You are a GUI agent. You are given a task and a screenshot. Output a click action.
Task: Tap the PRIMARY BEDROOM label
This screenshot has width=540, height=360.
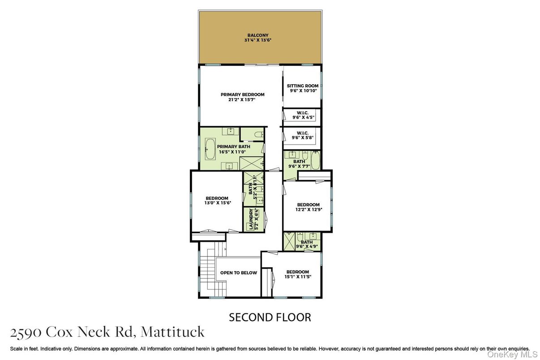coord(242,94)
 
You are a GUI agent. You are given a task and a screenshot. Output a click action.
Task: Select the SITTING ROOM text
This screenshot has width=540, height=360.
coord(303,86)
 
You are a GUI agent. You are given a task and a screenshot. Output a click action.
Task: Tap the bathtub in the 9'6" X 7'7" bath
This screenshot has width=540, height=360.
coord(316,160)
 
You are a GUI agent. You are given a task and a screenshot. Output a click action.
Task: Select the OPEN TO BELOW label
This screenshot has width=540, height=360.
coord(238,273)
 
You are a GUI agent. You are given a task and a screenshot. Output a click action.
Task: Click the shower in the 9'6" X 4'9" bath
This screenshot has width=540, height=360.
coord(289,241)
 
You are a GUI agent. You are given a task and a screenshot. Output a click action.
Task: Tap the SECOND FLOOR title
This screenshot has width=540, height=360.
coord(270,317)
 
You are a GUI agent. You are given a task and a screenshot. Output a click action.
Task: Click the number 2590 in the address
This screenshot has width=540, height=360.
coord(26,332)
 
